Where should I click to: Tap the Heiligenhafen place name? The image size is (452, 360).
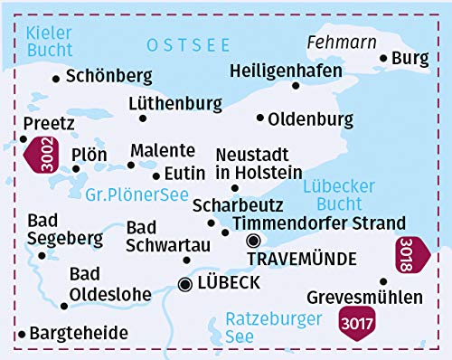[x=286, y=70]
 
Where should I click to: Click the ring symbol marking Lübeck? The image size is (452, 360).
[x=186, y=284]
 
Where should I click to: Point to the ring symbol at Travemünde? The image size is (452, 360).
[x=254, y=241]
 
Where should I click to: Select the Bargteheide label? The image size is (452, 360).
[x=79, y=334]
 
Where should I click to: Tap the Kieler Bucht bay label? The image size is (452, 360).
[x=50, y=41]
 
